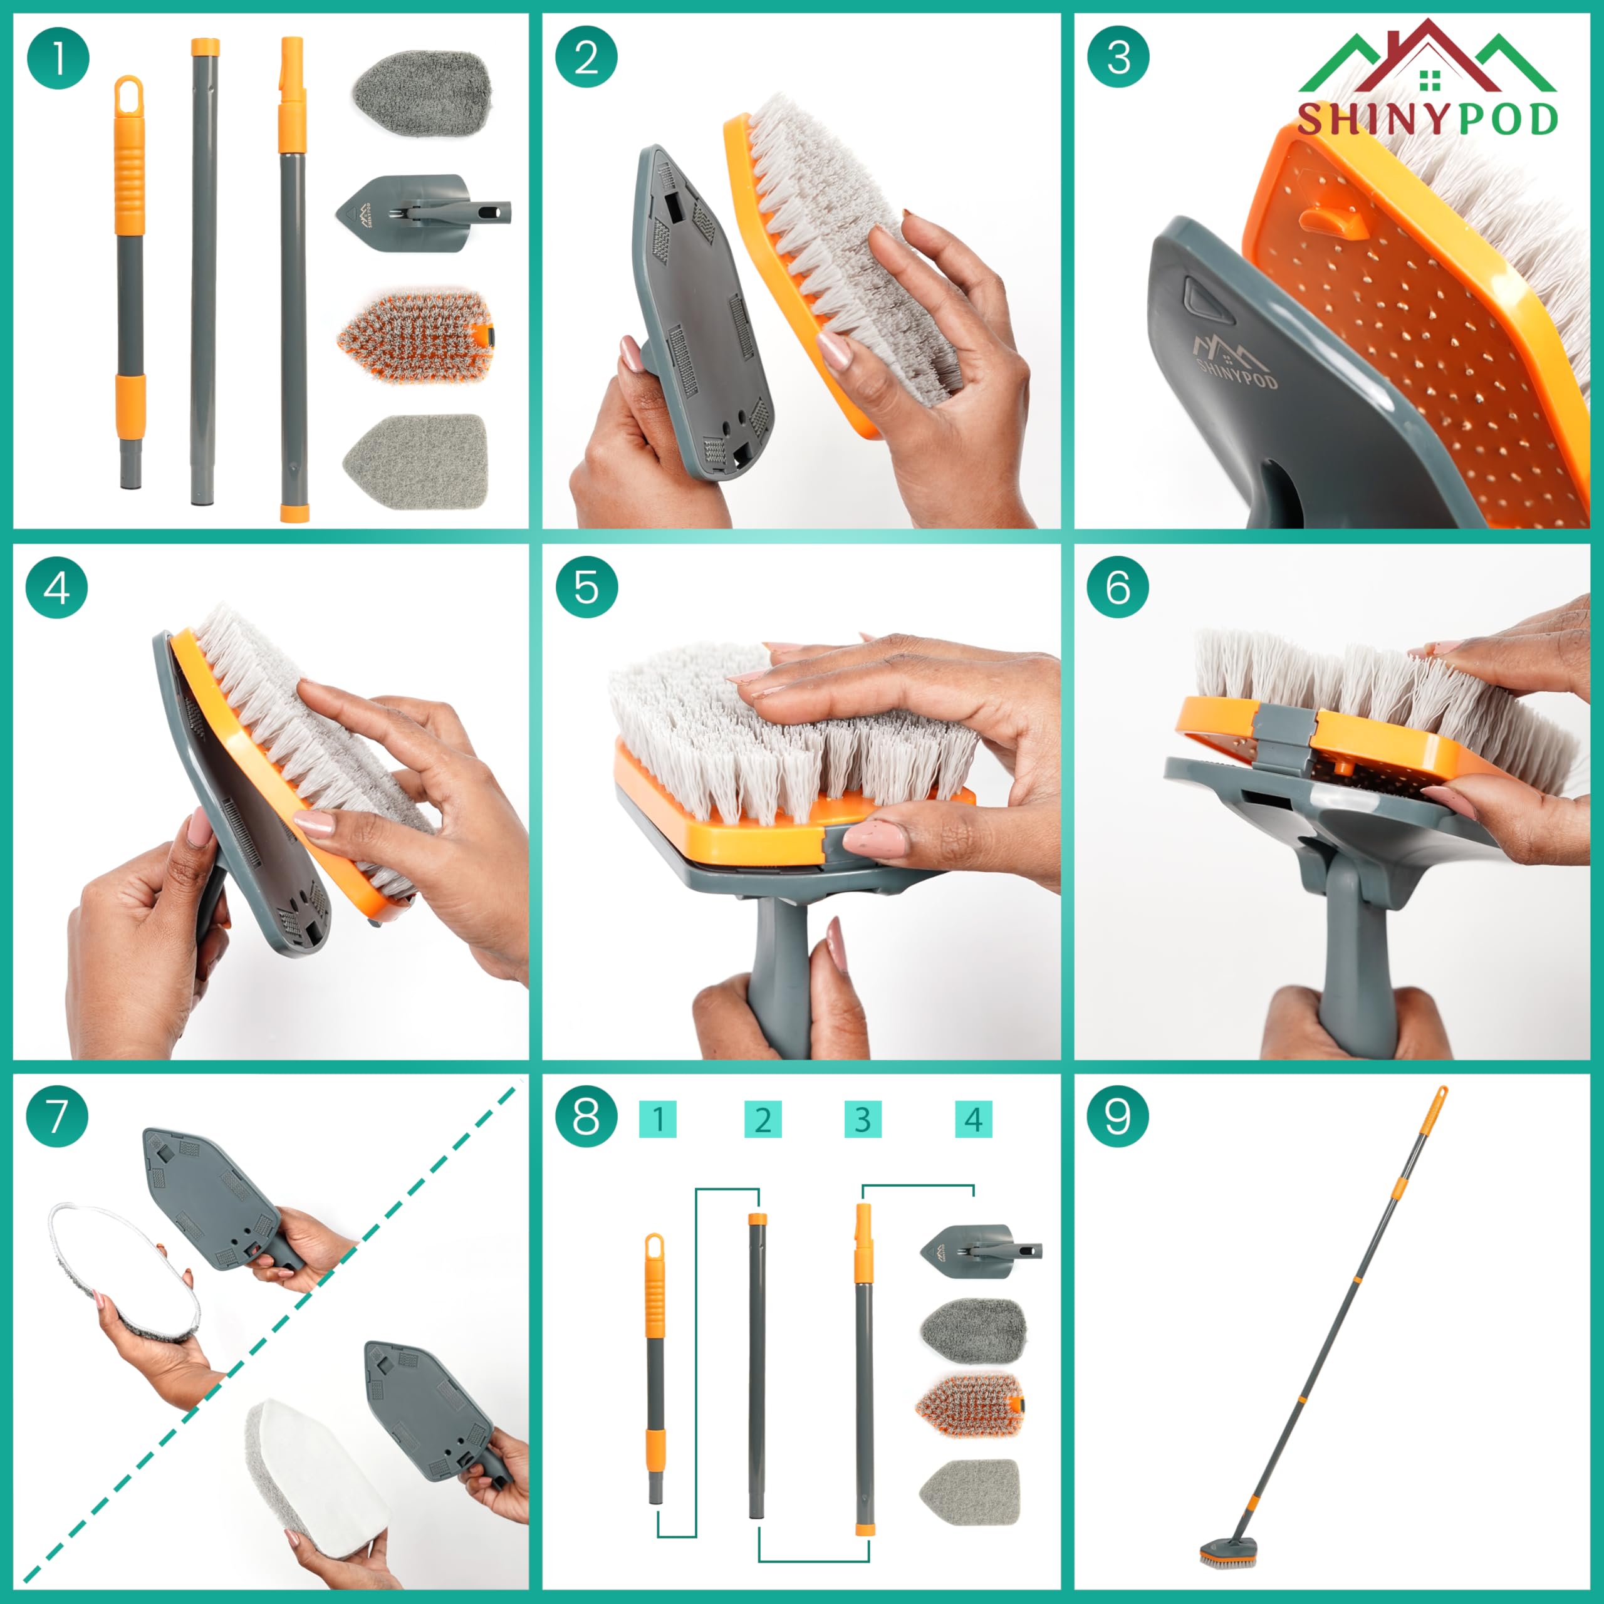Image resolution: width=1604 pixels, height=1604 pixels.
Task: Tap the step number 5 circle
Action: tap(586, 587)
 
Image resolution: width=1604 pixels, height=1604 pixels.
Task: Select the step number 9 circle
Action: tap(1118, 1117)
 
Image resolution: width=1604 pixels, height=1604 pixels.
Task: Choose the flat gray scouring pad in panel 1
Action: tap(416, 459)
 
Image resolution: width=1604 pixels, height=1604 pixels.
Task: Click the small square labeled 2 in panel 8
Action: tap(762, 1119)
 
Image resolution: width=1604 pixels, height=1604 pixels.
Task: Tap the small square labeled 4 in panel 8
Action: tap(973, 1119)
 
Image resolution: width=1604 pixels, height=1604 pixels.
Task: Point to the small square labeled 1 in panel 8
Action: tap(657, 1119)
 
